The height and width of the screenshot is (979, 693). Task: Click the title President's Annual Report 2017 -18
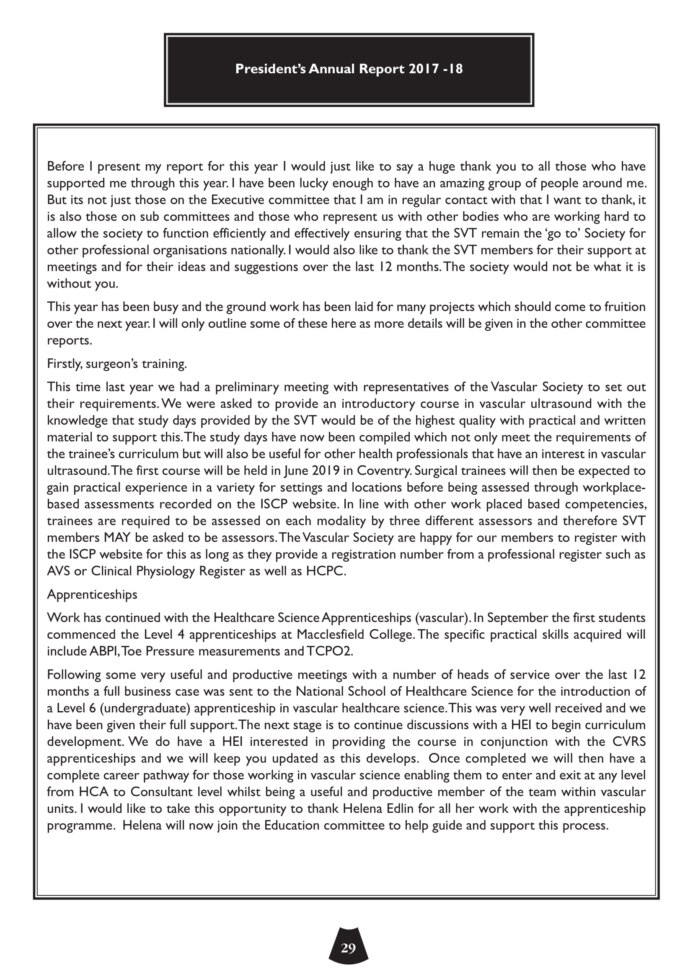(349, 69)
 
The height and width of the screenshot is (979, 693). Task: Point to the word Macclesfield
(331, 635)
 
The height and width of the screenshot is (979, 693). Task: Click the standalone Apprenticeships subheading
(92, 594)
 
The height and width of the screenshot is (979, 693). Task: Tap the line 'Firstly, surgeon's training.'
(117, 364)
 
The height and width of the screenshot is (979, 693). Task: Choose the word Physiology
(165, 571)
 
